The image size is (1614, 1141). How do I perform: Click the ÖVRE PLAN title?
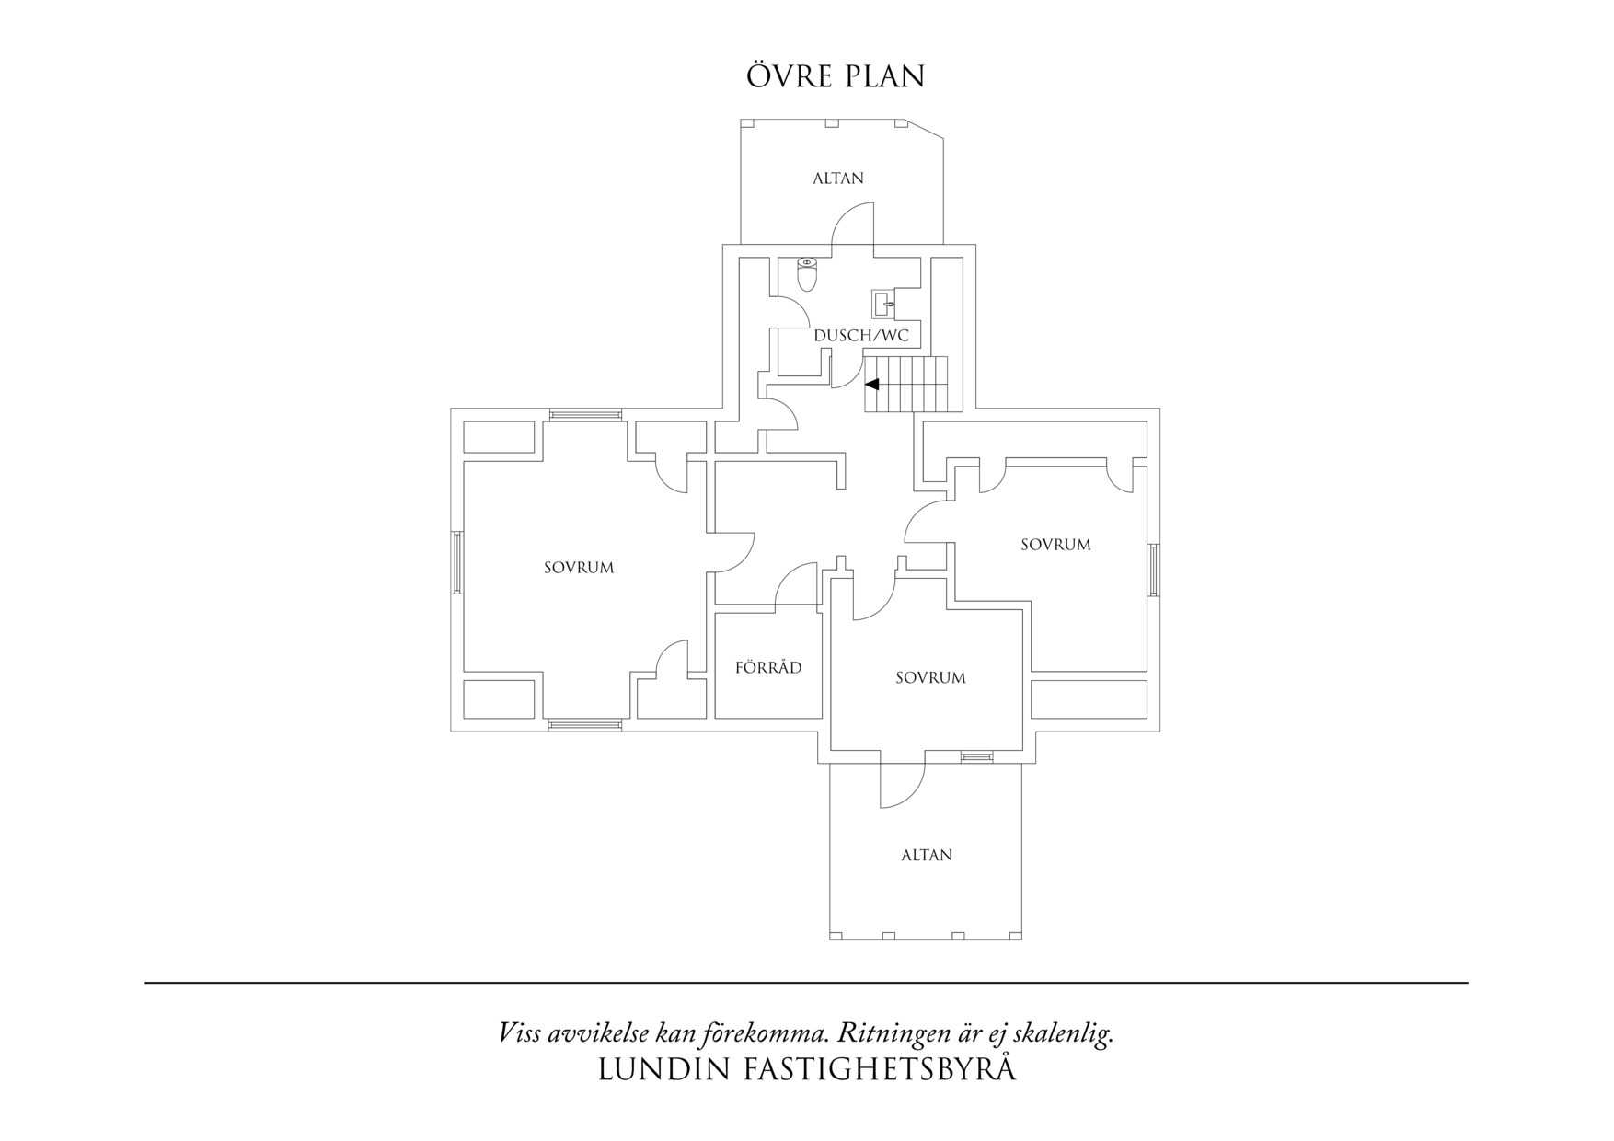836,76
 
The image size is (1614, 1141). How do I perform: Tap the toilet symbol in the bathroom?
807,274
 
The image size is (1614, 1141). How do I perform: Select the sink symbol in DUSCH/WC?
885,303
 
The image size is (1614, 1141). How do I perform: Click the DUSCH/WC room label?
861,336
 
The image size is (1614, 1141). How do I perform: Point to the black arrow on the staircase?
871,384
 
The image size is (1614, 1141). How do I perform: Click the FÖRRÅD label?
768,667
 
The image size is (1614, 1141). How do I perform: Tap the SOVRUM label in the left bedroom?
578,568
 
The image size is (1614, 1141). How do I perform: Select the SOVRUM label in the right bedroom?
1055,545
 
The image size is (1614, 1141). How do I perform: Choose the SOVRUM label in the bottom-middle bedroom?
930,678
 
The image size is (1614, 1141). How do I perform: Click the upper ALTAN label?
837,179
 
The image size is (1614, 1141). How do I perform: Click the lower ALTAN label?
926,855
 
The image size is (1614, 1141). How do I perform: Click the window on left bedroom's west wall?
456,562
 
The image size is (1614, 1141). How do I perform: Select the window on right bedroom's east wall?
1154,570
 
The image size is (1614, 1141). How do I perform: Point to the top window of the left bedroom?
586,415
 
